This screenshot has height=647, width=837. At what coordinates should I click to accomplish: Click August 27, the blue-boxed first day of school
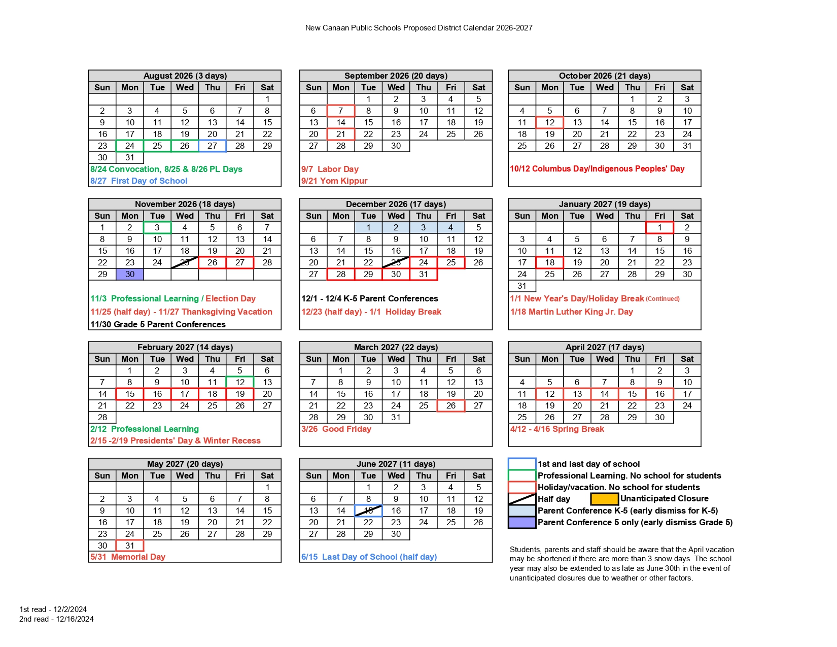[x=212, y=146]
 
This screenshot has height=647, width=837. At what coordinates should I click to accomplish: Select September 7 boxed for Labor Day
[x=341, y=111]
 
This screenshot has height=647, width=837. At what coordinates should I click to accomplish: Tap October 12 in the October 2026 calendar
[x=549, y=122]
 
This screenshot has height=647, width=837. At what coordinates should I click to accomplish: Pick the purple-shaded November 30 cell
[x=130, y=274]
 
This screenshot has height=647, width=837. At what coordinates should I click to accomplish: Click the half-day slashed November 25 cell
[x=185, y=262]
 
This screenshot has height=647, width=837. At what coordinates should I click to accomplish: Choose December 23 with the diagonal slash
[x=396, y=262]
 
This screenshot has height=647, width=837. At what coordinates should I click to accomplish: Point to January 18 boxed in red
[x=549, y=262]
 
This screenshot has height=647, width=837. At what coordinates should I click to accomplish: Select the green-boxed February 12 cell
[x=240, y=382]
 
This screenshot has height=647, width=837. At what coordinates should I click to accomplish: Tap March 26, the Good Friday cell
[x=451, y=405]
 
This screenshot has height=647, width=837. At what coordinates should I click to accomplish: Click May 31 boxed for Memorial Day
[x=130, y=546]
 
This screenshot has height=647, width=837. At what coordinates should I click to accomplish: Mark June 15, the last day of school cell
[x=369, y=510]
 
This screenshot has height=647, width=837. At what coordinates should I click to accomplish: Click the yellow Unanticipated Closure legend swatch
[x=604, y=499]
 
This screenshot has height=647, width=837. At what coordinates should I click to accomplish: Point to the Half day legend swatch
[x=522, y=499]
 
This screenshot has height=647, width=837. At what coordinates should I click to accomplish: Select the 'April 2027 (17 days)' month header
[x=605, y=347]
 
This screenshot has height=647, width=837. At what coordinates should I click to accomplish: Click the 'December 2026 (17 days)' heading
[x=396, y=204]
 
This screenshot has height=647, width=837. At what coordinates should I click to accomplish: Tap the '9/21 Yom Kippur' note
[x=334, y=181]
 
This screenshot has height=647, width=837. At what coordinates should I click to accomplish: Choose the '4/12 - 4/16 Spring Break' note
[x=557, y=429]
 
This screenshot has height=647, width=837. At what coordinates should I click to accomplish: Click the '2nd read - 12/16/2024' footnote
[x=56, y=619]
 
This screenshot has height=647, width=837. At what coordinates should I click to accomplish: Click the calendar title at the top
[x=419, y=28]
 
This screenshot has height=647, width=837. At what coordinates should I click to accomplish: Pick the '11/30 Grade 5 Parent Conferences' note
[x=158, y=324]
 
